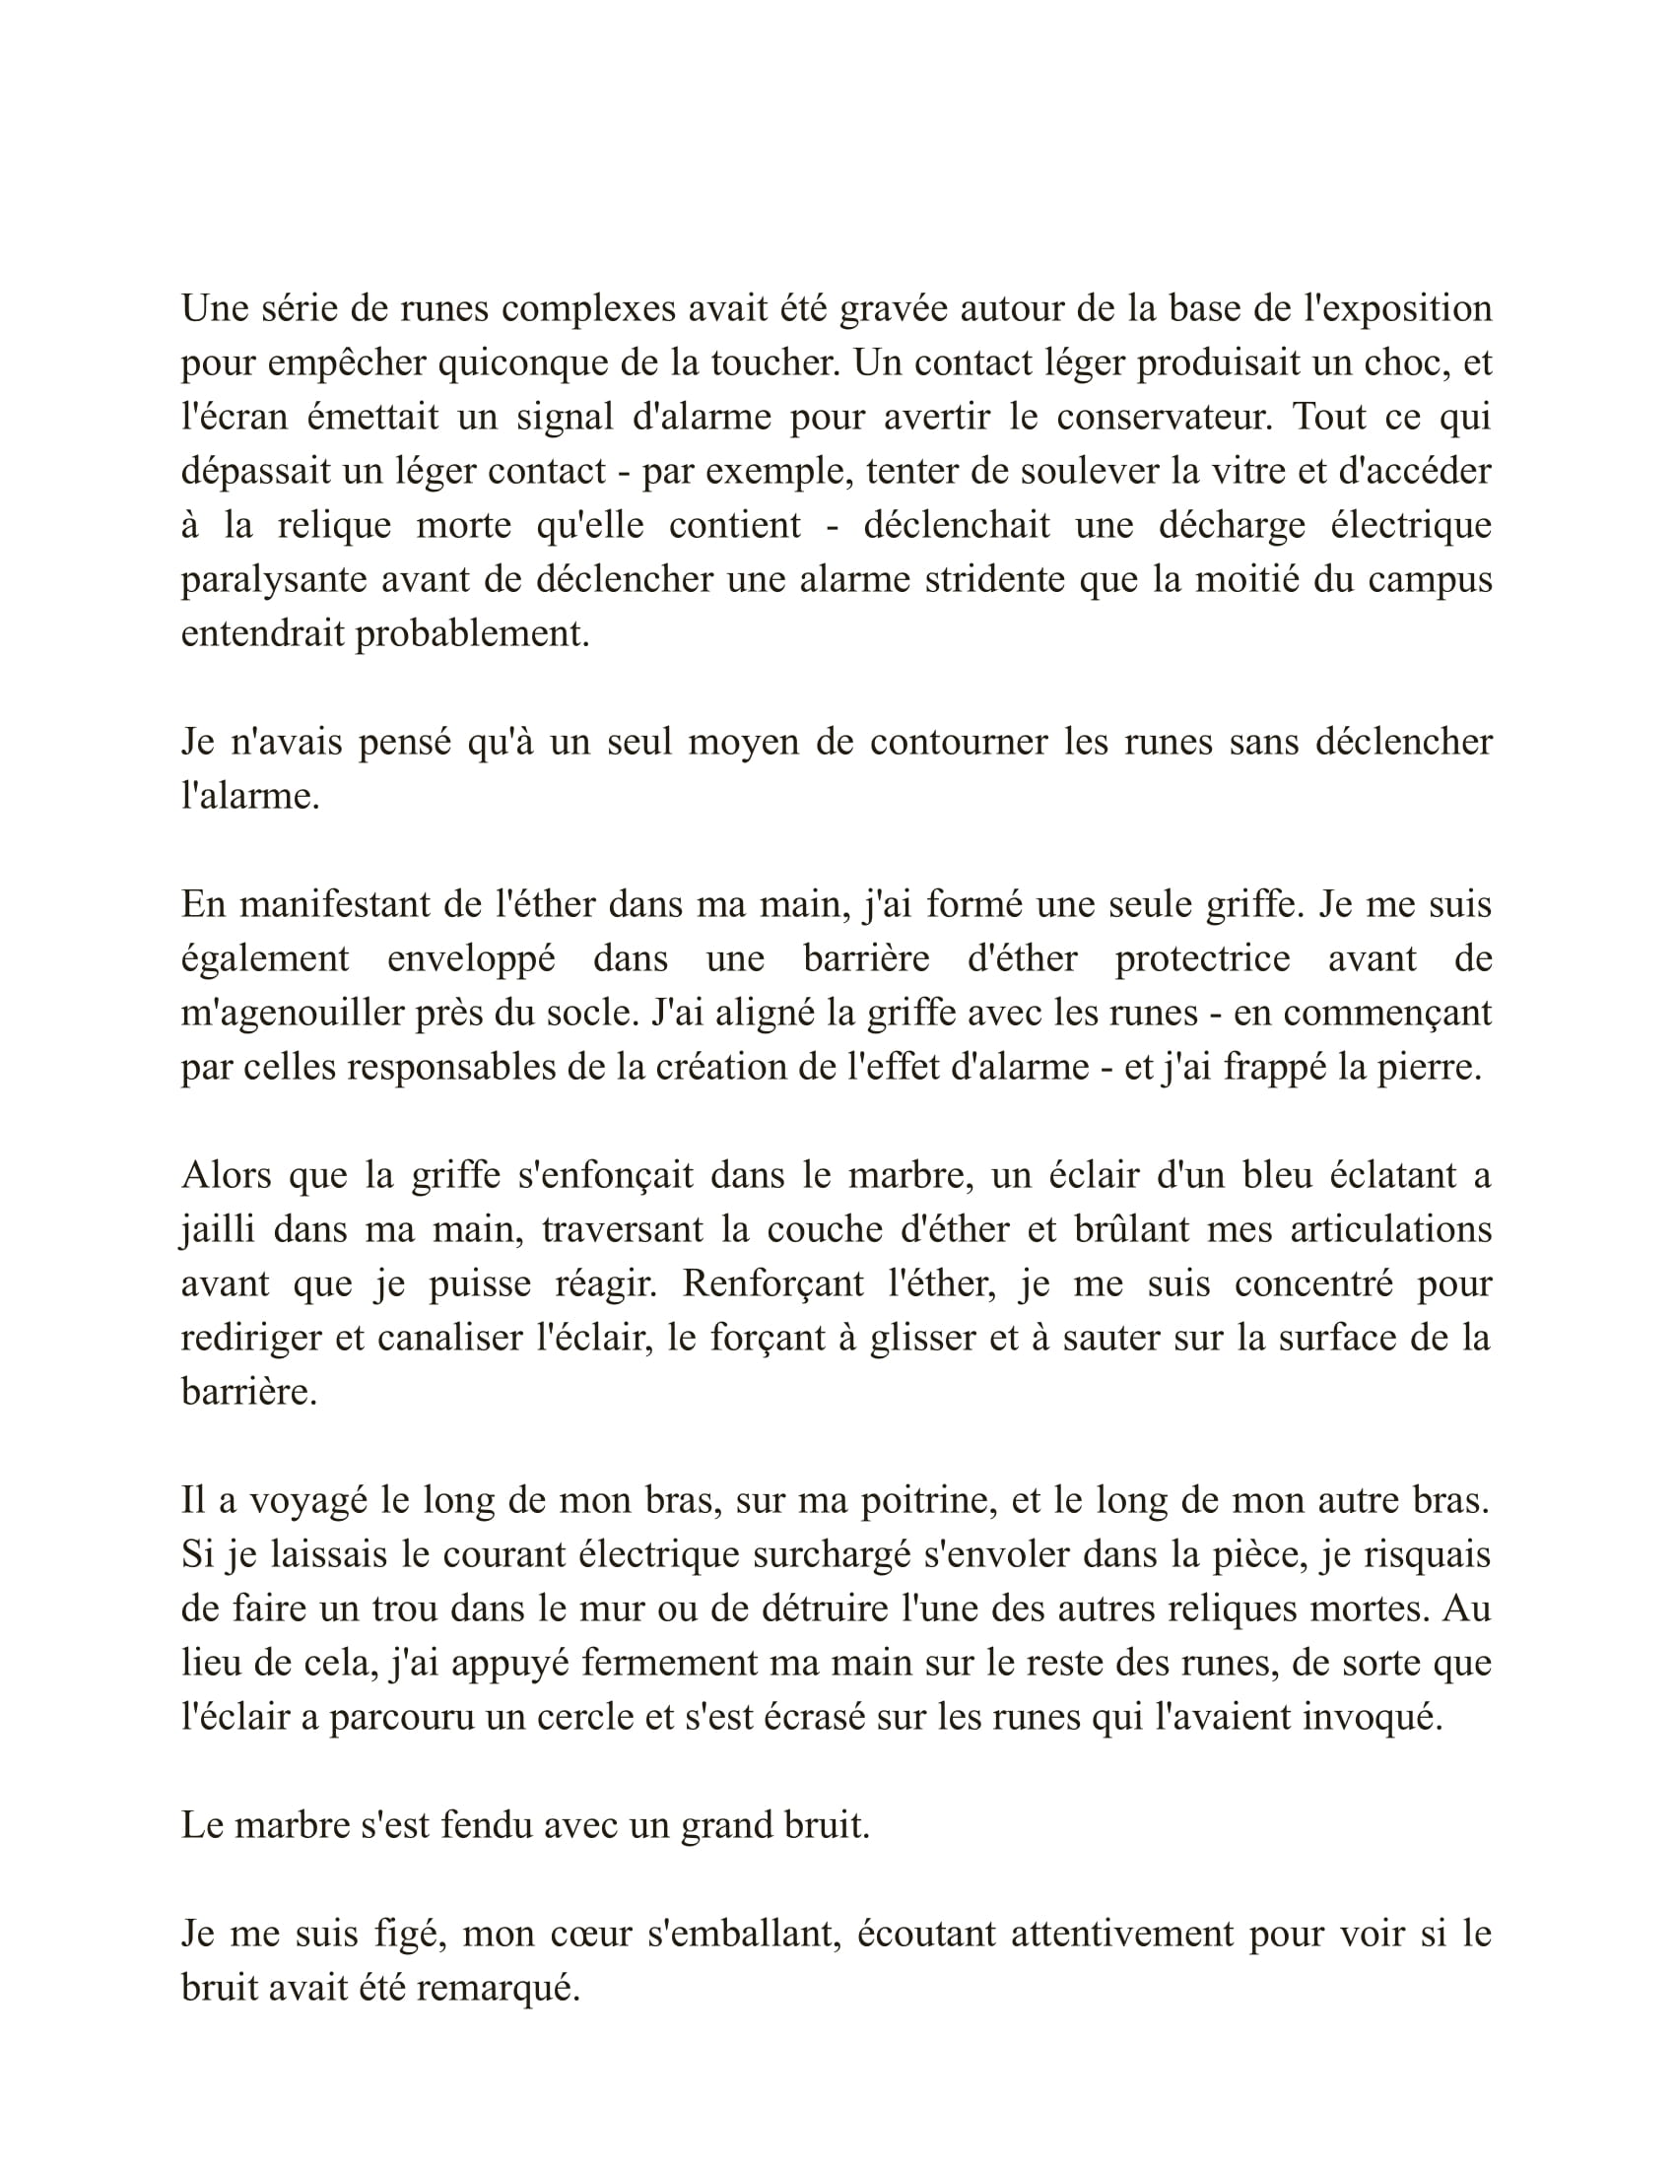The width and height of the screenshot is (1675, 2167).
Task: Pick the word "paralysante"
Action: tap(274, 580)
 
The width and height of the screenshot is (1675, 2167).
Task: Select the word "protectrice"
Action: tap(1203, 959)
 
